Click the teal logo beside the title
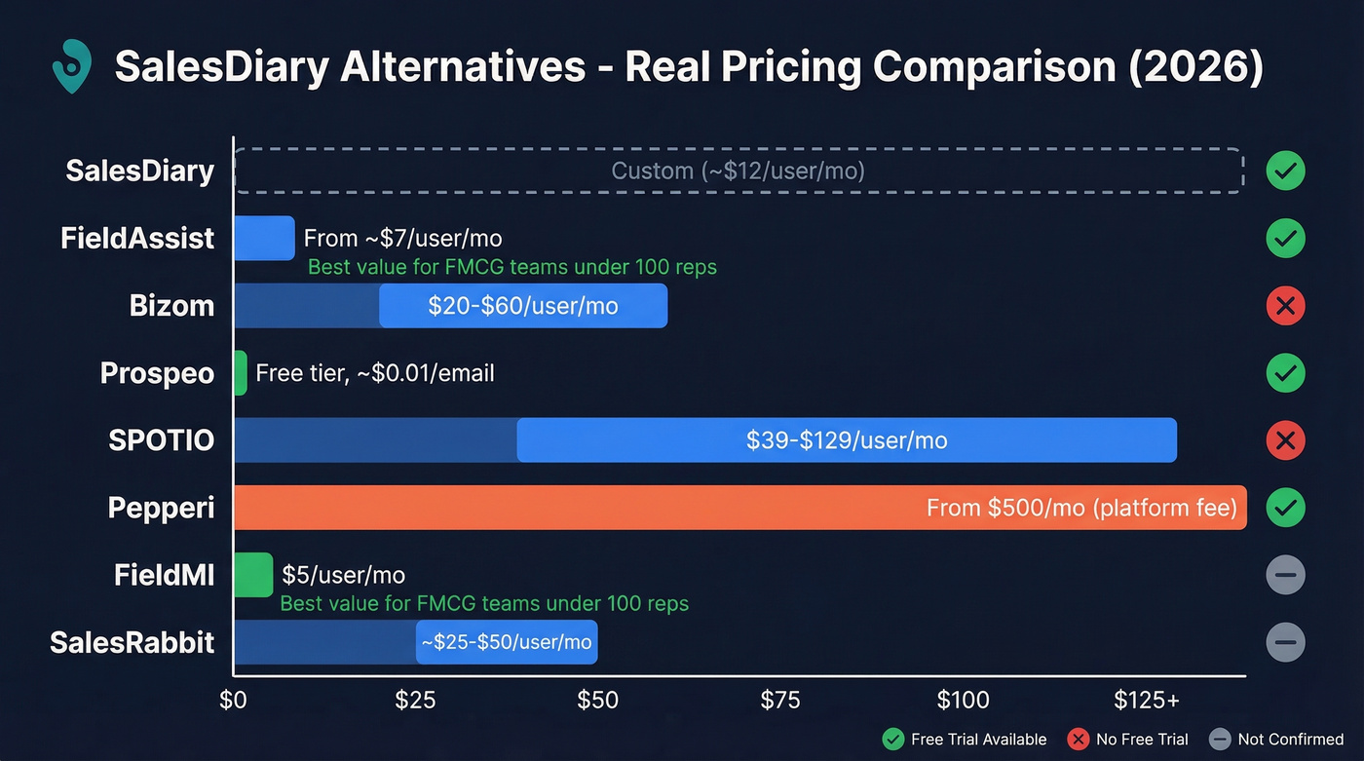pyautogui.click(x=71, y=67)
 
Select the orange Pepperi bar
pyautogui.click(x=740, y=508)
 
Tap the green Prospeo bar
pyautogui.click(x=241, y=373)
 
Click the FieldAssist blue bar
pyautogui.click(x=264, y=238)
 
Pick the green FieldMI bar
pyautogui.click(x=253, y=575)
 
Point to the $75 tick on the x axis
pyautogui.click(x=779, y=700)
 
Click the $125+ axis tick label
pyautogui.click(x=1147, y=700)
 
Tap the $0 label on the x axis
pyautogui.click(x=234, y=700)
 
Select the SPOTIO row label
pyautogui.click(x=161, y=440)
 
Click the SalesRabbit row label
pyautogui.click(x=132, y=643)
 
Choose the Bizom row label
pyautogui.click(x=171, y=306)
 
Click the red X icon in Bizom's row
pyautogui.click(x=1285, y=306)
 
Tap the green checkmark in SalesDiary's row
pyautogui.click(x=1285, y=171)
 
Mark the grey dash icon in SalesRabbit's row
pyautogui.click(x=1285, y=643)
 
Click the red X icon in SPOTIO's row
pyautogui.click(x=1285, y=440)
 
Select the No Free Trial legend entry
pyautogui.click(x=1128, y=740)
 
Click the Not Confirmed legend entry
pyautogui.click(x=1276, y=740)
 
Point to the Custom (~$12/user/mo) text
pyautogui.click(x=738, y=171)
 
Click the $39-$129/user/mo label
pyautogui.click(x=846, y=440)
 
